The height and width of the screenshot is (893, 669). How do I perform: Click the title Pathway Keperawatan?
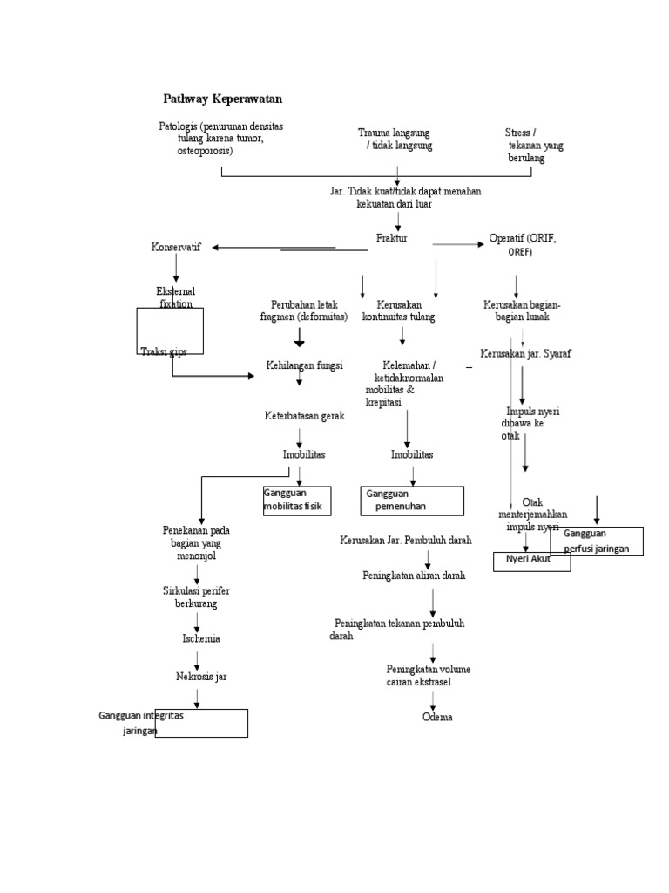pyautogui.click(x=223, y=99)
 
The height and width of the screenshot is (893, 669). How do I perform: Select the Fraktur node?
pyautogui.click(x=391, y=238)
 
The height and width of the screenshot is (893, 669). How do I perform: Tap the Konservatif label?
pyautogui.click(x=176, y=248)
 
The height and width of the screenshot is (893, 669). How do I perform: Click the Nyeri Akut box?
pyautogui.click(x=532, y=561)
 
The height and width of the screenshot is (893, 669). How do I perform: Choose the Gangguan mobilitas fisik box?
pyautogui.click(x=297, y=501)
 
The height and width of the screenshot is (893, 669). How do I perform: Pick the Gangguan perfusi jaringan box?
pyautogui.click(x=597, y=541)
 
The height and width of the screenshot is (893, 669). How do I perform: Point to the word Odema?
pyautogui.click(x=437, y=717)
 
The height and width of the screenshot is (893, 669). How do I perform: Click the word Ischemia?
pyautogui.click(x=200, y=638)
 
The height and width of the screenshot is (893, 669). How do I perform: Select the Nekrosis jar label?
pyautogui.click(x=201, y=676)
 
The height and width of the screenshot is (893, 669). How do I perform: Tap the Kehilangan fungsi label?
pyautogui.click(x=305, y=365)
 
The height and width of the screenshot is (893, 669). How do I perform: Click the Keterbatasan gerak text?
pyautogui.click(x=305, y=416)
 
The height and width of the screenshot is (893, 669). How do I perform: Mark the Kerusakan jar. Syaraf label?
pyautogui.click(x=525, y=353)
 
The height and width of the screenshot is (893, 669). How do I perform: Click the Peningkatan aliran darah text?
pyautogui.click(x=414, y=576)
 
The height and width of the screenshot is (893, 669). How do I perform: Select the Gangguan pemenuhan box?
pyautogui.click(x=413, y=501)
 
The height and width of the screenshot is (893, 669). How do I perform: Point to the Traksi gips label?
pyautogui.click(x=164, y=351)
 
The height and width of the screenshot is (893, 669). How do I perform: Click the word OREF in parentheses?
pyautogui.click(x=519, y=252)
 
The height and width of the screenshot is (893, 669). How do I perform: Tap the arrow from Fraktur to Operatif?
pyautogui.click(x=458, y=244)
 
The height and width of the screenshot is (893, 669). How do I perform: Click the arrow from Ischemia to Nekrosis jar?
pyautogui.click(x=199, y=657)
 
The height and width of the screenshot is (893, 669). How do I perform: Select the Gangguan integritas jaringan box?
pyautogui.click(x=201, y=723)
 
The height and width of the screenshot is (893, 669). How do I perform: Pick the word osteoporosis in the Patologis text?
pyautogui.click(x=205, y=151)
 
